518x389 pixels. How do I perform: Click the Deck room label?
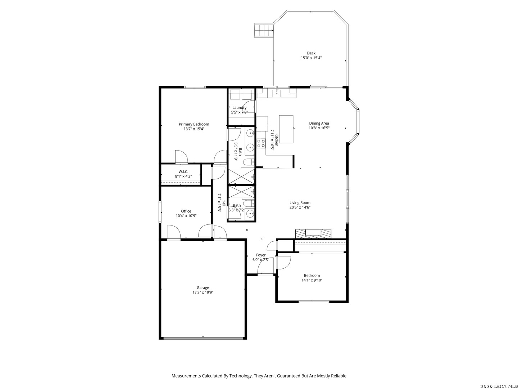coord(311,53)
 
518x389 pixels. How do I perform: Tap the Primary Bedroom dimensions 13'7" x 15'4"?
coord(194,129)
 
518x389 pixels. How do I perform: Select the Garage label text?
coord(203,288)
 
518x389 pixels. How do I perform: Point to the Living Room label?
coord(300,203)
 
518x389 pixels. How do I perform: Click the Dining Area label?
coord(319,123)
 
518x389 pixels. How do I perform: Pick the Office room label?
coord(186,211)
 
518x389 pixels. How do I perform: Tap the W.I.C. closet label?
coord(183,172)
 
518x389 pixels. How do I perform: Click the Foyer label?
coord(260,255)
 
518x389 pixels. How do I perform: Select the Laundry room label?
coord(239,108)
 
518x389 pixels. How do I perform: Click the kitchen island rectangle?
coord(286,129)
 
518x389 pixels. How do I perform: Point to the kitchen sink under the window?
coord(277,94)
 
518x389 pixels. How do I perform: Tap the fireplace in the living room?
coord(313,234)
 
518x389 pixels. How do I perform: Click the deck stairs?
coord(264,30)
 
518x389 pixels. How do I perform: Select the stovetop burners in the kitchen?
coord(261,143)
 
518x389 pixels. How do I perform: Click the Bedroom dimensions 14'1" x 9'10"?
coord(312,280)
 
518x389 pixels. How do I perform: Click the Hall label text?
coord(224,203)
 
